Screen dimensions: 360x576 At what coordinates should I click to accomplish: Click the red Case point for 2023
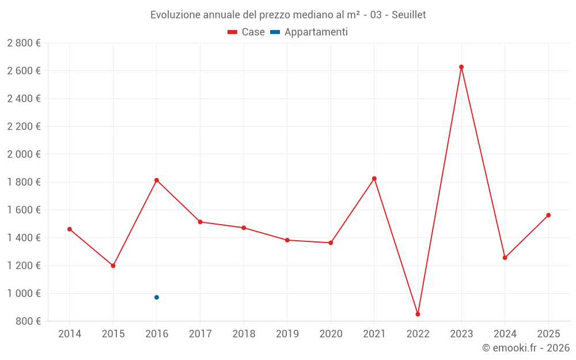tap(461, 67)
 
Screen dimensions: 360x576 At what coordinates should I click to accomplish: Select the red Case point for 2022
tap(418, 314)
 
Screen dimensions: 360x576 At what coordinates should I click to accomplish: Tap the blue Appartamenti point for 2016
tap(157, 297)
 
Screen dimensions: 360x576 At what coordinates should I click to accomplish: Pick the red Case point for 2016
tap(157, 180)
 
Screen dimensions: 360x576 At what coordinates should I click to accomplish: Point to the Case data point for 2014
tap(70, 229)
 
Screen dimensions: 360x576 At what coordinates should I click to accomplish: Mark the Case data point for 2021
tap(374, 179)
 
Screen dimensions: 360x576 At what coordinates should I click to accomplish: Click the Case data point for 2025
tap(548, 215)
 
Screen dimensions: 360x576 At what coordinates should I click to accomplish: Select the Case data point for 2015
tap(113, 266)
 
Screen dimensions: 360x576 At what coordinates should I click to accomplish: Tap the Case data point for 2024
tap(505, 257)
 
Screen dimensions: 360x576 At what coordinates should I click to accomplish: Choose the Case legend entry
tap(246, 32)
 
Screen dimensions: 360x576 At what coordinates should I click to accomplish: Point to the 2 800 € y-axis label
tap(24, 43)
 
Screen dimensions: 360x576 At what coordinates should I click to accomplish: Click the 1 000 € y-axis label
tap(24, 293)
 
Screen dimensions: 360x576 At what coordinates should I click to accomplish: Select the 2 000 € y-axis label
tap(24, 154)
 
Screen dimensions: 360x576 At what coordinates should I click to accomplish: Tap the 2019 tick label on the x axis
tap(287, 334)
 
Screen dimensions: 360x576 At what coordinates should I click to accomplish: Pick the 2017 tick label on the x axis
tap(200, 334)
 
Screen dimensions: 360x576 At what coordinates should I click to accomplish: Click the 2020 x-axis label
tap(331, 334)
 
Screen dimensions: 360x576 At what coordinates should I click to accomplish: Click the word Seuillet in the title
tap(408, 15)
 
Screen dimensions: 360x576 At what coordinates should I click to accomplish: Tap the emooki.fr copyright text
tap(526, 348)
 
